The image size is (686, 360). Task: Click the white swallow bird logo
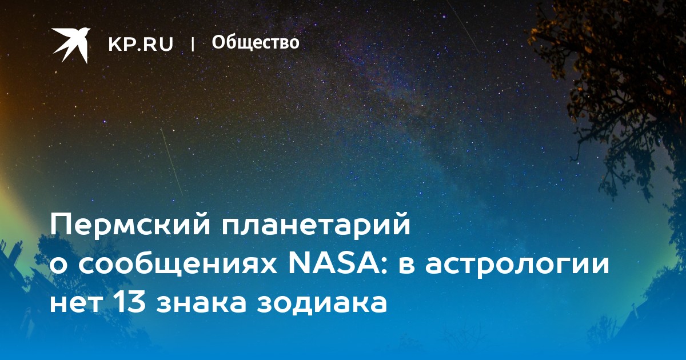pyautogui.click(x=71, y=45)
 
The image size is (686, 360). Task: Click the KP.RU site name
pyautogui.click(x=141, y=44)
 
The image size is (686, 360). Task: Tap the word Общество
pyautogui.click(x=256, y=42)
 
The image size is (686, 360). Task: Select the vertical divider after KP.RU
pyautogui.click(x=193, y=44)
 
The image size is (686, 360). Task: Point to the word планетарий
pyautogui.click(x=316, y=226)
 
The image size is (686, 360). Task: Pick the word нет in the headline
pyautogui.click(x=75, y=303)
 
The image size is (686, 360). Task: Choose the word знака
pyautogui.click(x=203, y=303)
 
